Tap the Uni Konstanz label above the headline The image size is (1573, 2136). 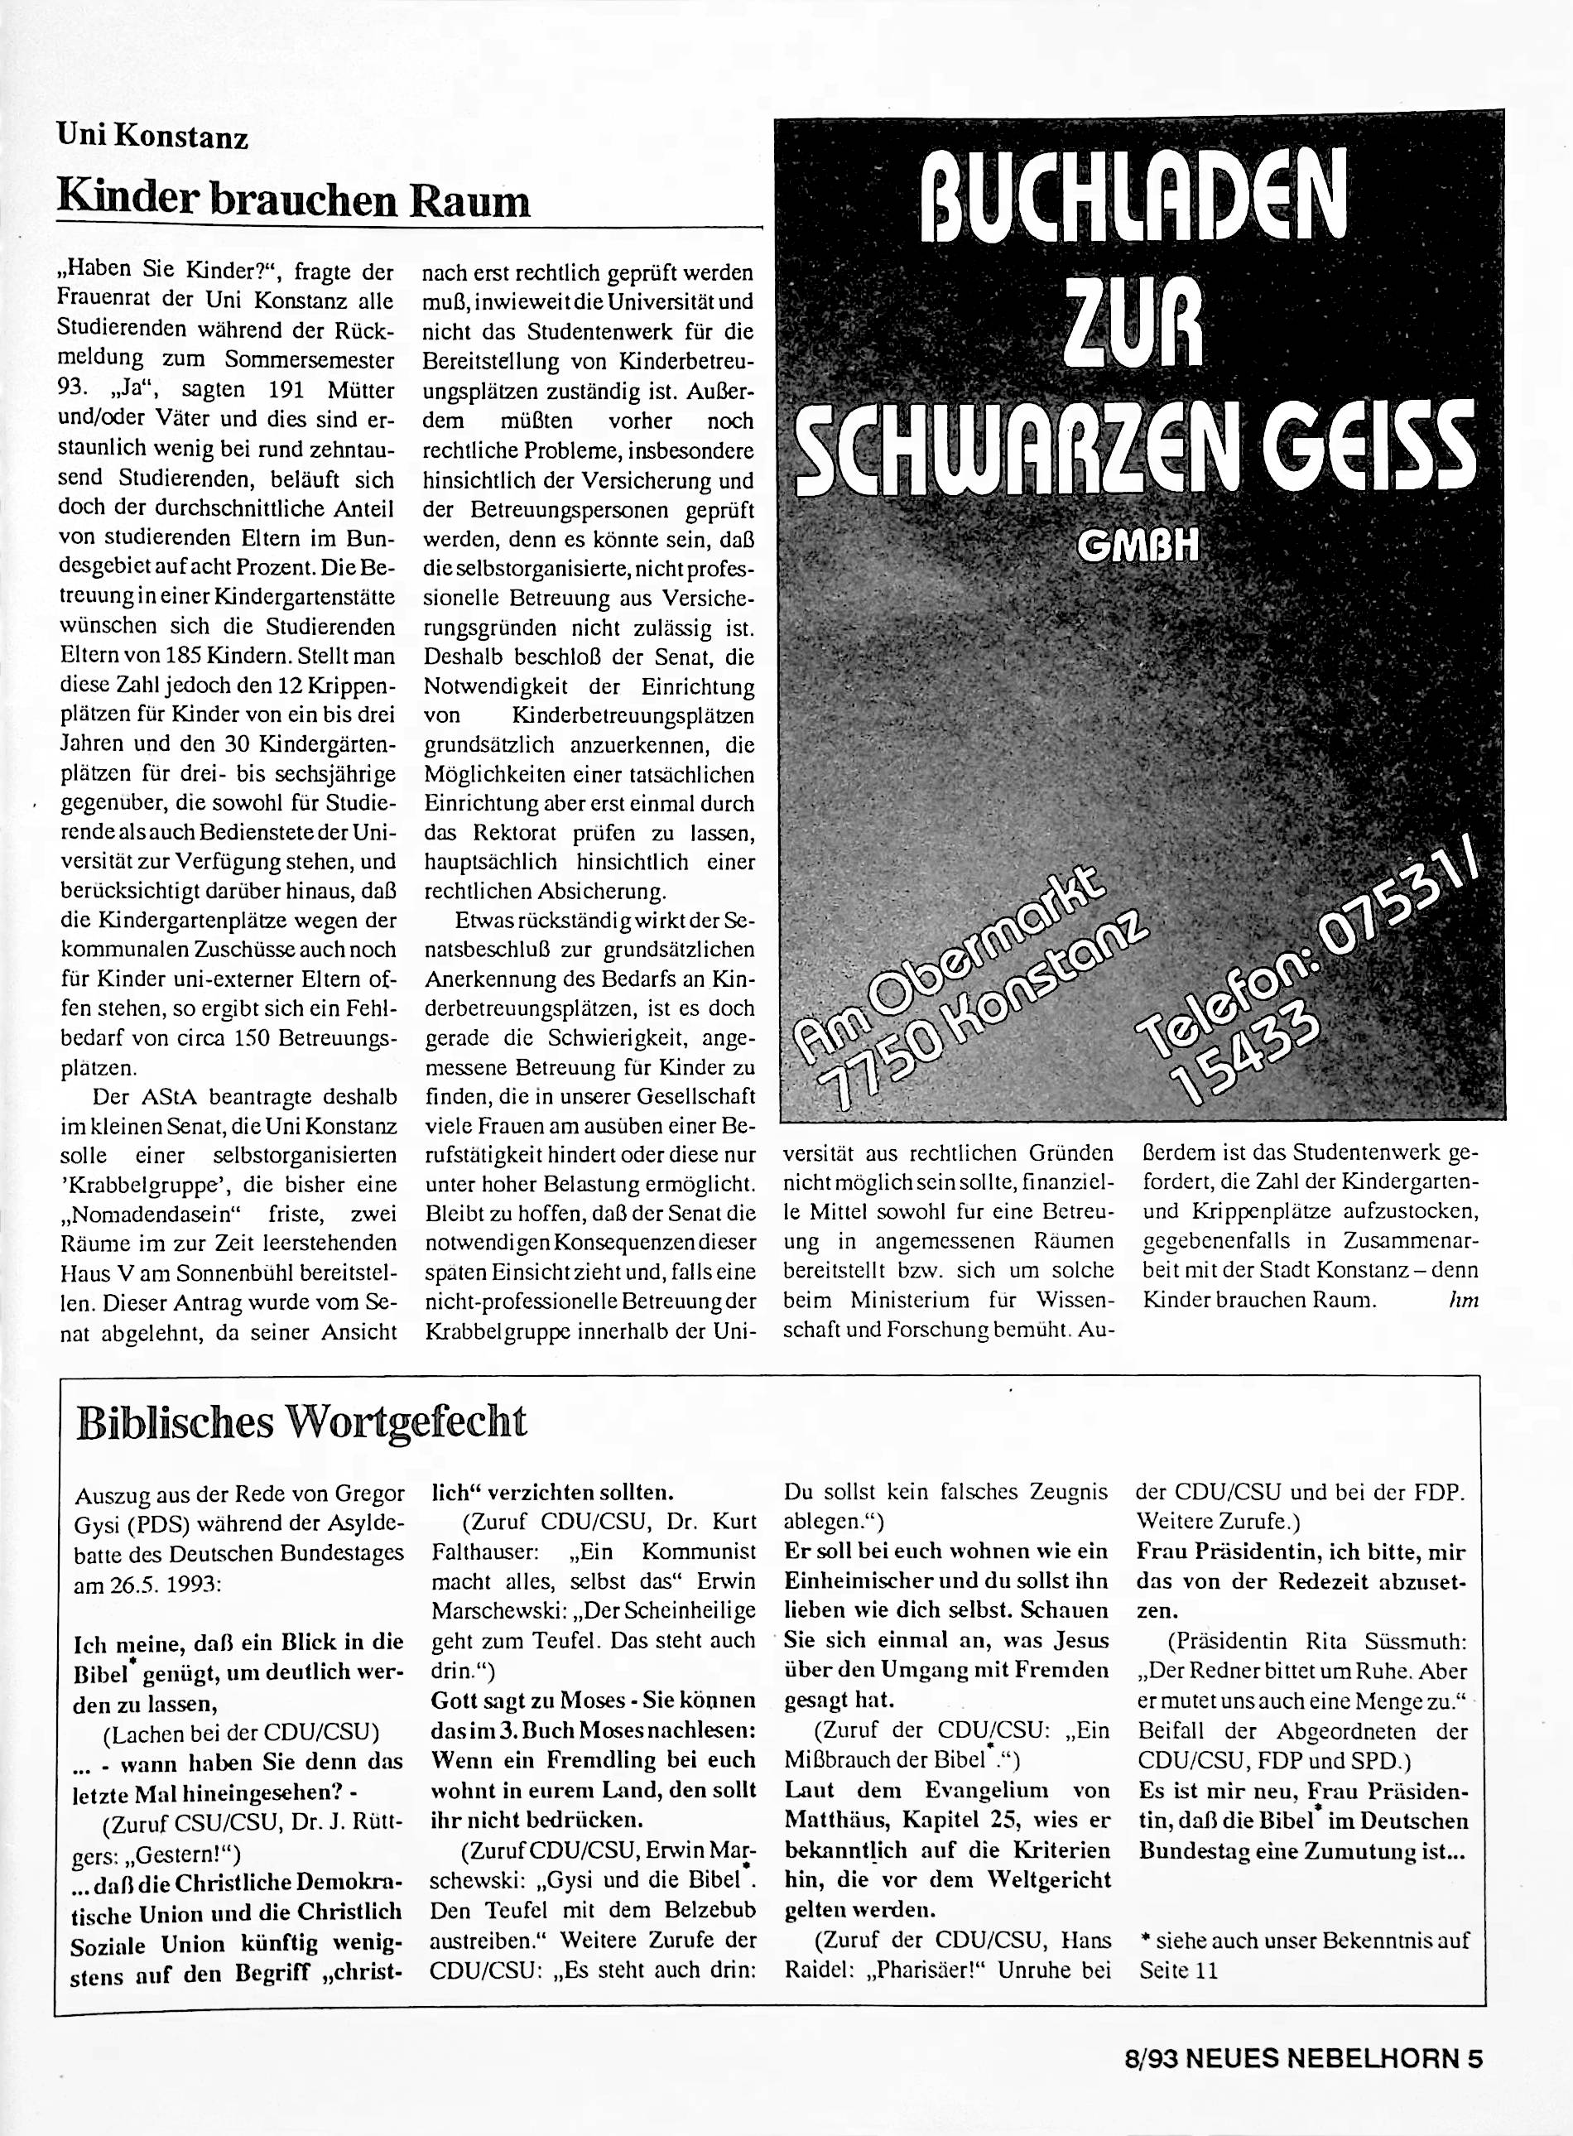[152, 138]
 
